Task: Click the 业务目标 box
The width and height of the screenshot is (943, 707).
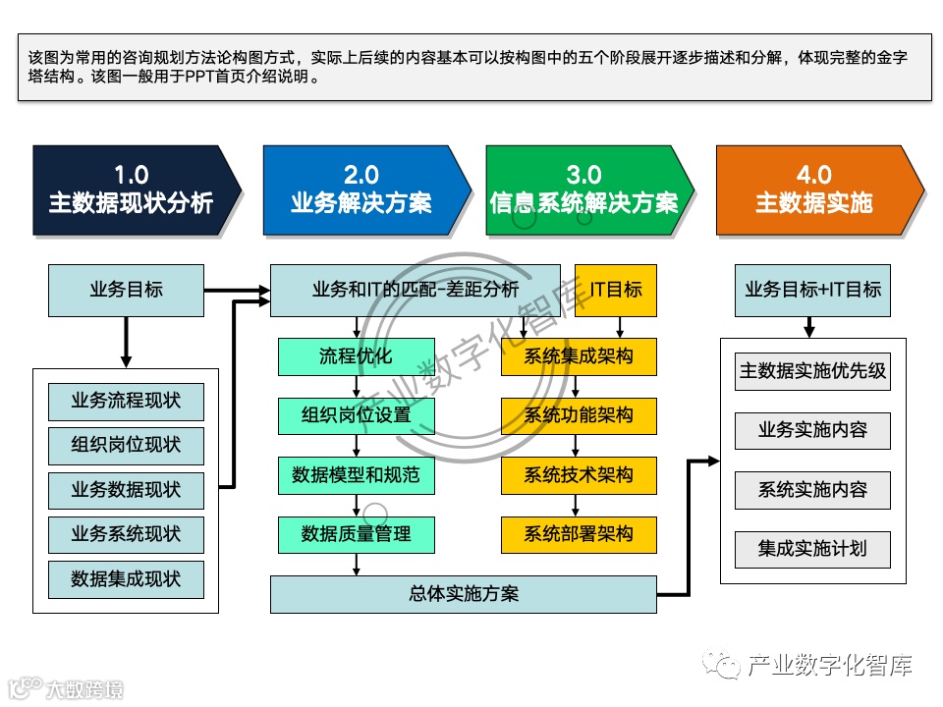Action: coord(126,290)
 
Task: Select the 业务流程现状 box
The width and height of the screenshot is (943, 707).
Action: coord(126,402)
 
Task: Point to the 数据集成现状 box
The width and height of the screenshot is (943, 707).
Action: coord(126,578)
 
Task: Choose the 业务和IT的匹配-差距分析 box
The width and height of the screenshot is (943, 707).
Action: coord(415,290)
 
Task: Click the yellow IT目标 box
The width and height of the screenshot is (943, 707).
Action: coord(616,290)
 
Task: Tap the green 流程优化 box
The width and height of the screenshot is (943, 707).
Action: coord(356,356)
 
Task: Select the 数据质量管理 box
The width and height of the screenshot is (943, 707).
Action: coord(356,534)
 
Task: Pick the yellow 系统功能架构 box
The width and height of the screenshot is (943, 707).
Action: coord(579,415)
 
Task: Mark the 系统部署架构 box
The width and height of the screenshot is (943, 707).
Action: coord(579,534)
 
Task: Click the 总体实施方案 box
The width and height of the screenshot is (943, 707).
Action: coord(463,594)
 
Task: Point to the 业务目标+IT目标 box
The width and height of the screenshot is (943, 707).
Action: coord(812,290)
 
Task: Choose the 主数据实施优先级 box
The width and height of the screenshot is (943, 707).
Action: coord(812,372)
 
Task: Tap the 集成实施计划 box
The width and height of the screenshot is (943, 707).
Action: coord(812,548)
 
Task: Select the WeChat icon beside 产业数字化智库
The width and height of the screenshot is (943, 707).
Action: coord(727,667)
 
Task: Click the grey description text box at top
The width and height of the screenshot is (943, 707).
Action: coord(473,67)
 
